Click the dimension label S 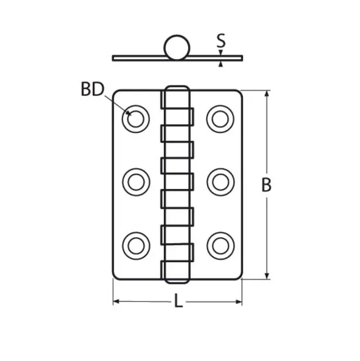[221, 41]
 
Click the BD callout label [93, 89]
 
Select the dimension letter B [266, 185]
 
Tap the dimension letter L [178, 300]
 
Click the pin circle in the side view [177, 48]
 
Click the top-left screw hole [136, 119]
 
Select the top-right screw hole [221, 119]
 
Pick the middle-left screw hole [136, 182]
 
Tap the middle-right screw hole [221, 182]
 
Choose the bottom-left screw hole [136, 246]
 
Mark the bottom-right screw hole [221, 246]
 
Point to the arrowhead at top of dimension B [267, 94]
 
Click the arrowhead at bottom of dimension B [267, 276]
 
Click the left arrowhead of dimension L [117, 301]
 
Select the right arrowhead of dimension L [239, 302]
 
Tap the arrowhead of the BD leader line [128, 112]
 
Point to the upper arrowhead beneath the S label [221, 53]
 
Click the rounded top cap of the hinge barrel [177, 88]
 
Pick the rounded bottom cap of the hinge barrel [177, 281]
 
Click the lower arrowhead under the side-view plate [221, 64]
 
